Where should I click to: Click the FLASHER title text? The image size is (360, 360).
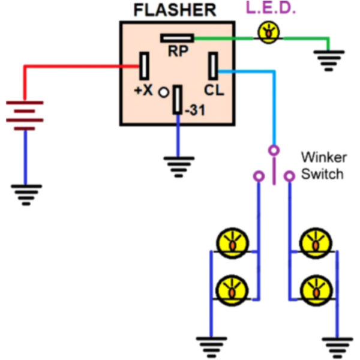pyautogui.click(x=176, y=11)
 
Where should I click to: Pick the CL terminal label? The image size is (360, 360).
pyautogui.click(x=214, y=91)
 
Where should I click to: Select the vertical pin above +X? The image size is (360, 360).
pyautogui.click(x=145, y=65)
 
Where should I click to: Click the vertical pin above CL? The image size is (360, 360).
pyautogui.click(x=214, y=65)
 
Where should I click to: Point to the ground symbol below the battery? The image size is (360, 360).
pyautogui.click(x=26, y=193)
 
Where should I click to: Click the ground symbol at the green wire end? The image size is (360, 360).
pyautogui.click(x=328, y=61)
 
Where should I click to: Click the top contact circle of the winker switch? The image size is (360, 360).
pyautogui.click(x=274, y=150)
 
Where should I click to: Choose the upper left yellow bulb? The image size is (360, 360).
pyautogui.click(x=230, y=242)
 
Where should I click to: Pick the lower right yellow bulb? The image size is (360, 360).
pyautogui.click(x=314, y=290)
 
